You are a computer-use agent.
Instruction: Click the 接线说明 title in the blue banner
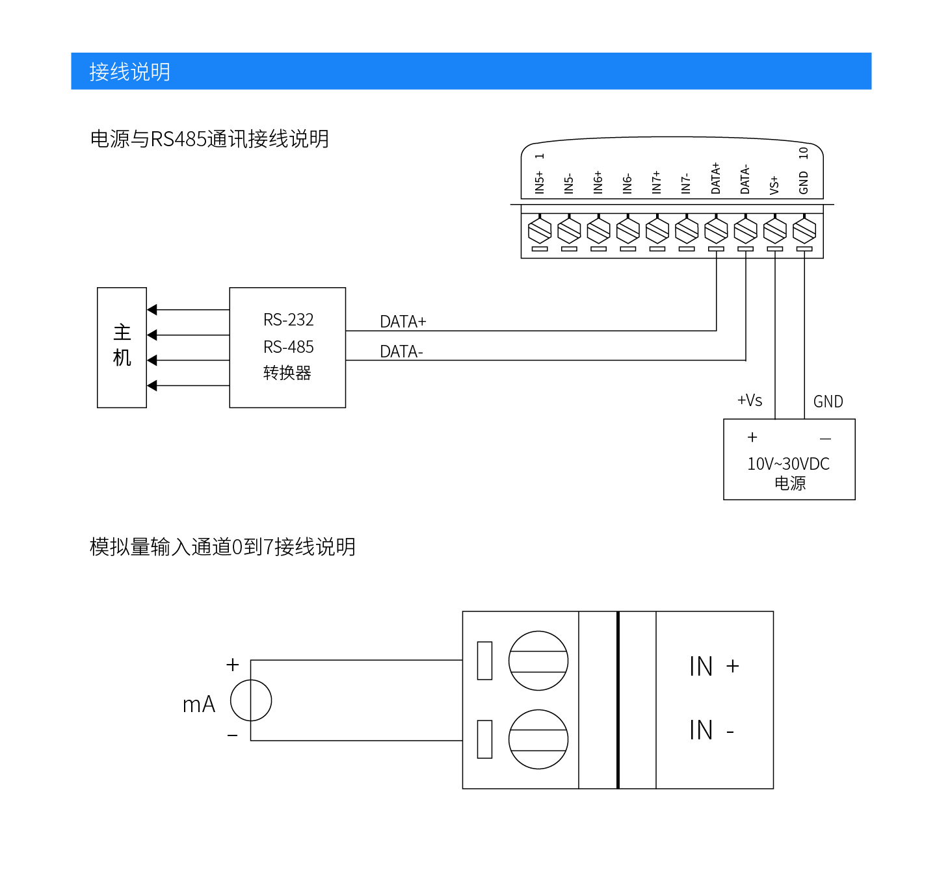pyautogui.click(x=129, y=71)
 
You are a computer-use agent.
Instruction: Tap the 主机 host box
pyautogui.click(x=122, y=347)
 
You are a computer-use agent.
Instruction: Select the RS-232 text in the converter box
pyautogui.click(x=288, y=320)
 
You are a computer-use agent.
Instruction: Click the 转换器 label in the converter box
pyautogui.click(x=287, y=373)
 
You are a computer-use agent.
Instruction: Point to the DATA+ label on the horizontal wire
pyautogui.click(x=403, y=322)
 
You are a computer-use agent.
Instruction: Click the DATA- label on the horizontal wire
pyautogui.click(x=401, y=351)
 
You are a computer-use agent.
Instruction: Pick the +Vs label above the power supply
pyautogui.click(x=749, y=400)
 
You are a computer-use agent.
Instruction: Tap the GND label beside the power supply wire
pyautogui.click(x=828, y=402)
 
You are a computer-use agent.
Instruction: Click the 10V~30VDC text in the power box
pyautogui.click(x=788, y=464)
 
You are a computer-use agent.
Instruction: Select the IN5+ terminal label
pyautogui.click(x=539, y=182)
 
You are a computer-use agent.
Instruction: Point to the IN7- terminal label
pyautogui.click(x=686, y=183)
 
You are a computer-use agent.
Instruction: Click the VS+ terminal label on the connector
pyautogui.click(x=774, y=185)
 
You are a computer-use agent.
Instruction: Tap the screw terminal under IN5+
pyautogui.click(x=540, y=230)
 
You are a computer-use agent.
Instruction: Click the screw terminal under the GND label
pyautogui.click(x=804, y=230)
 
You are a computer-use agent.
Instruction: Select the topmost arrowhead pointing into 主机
pyautogui.click(x=152, y=310)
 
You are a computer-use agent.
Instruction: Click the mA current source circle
pyautogui.click(x=251, y=700)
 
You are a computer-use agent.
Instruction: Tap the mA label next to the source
pyautogui.click(x=198, y=704)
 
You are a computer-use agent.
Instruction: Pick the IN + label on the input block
pyautogui.click(x=714, y=667)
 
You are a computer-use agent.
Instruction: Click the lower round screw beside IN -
pyautogui.click(x=538, y=739)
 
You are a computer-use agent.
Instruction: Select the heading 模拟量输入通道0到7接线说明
pyautogui.click(x=222, y=547)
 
